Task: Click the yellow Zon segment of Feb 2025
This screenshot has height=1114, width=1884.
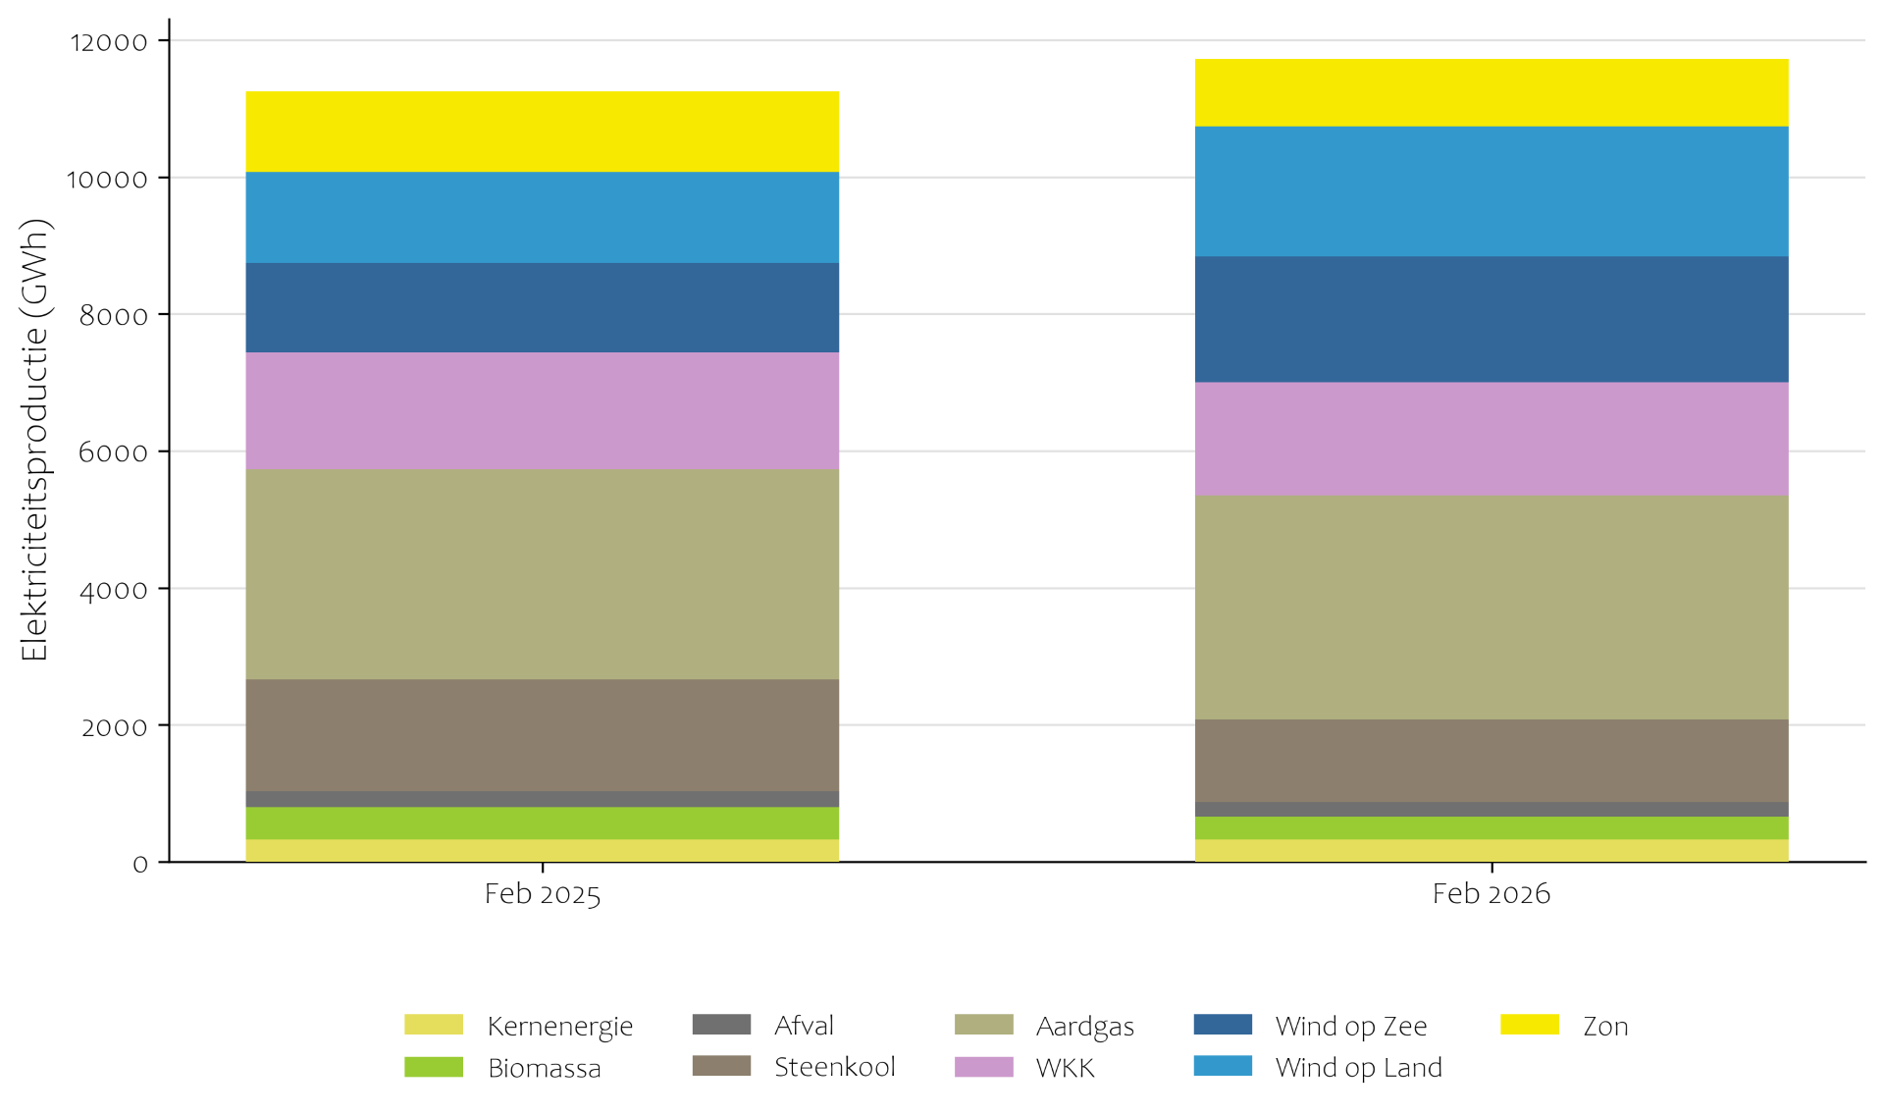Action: pyautogui.click(x=542, y=132)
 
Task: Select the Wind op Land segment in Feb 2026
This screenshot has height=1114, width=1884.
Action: pyautogui.click(x=1491, y=191)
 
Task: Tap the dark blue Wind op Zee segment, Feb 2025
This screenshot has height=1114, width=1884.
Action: pyautogui.click(x=542, y=307)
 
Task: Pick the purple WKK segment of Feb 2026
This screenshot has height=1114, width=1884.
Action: pyautogui.click(x=1491, y=439)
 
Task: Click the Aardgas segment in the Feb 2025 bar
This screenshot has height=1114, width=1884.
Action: pyautogui.click(x=542, y=574)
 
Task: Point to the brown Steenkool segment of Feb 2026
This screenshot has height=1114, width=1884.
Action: pyautogui.click(x=1491, y=761)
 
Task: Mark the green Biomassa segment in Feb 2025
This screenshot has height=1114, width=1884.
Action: pyautogui.click(x=542, y=823)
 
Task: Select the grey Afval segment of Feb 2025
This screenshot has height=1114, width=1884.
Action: pyautogui.click(x=542, y=799)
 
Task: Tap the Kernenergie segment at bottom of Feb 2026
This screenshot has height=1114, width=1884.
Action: pyautogui.click(x=1491, y=851)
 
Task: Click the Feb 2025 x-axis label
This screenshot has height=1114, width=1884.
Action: pyautogui.click(x=542, y=894)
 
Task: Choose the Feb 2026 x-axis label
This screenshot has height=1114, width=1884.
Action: pyautogui.click(x=1491, y=894)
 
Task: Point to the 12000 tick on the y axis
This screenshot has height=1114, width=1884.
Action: pyautogui.click(x=109, y=42)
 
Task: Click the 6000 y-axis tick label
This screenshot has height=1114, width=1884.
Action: pyautogui.click(x=113, y=452)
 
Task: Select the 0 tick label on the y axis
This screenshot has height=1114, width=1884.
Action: pyautogui.click(x=140, y=865)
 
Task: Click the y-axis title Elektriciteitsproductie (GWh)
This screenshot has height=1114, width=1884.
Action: pyautogui.click(x=34, y=440)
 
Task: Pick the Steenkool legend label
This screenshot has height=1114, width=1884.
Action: pyautogui.click(x=834, y=1067)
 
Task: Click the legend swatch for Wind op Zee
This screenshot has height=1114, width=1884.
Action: pyautogui.click(x=1223, y=1025)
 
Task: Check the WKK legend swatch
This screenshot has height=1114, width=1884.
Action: pyautogui.click(x=983, y=1067)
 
